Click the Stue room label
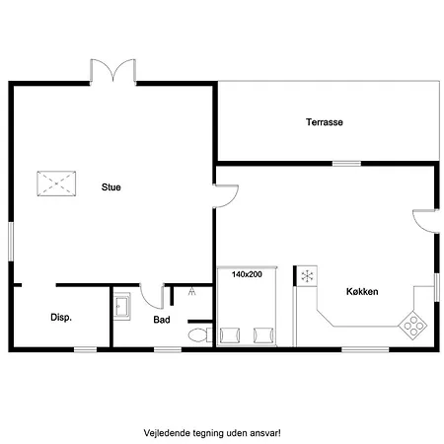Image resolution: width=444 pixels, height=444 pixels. pos(111,187)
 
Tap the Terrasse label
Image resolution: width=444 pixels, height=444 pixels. pos(325,122)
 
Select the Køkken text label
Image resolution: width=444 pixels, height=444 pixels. pos(362,291)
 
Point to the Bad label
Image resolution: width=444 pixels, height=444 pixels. pos(162,320)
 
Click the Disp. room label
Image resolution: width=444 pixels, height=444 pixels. pos(61,318)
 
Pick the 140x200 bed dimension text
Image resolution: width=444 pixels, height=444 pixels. pos(247,274)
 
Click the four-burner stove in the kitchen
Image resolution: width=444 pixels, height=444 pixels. pos(412,325)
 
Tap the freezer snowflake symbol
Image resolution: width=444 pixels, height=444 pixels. pos(307,276)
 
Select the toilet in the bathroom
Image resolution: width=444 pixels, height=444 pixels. pos(200,335)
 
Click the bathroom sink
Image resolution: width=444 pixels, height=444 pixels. pos(122,307)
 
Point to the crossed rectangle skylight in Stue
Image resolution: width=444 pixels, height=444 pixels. pos(56,184)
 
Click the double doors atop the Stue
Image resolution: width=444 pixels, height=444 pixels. pos(113,70)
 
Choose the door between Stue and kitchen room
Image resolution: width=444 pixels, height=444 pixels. pos(226,196)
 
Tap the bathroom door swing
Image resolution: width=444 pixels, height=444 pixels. pos(152,296)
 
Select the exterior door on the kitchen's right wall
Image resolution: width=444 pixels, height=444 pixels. pos(425,221)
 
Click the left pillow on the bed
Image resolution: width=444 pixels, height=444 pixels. pos(230,335)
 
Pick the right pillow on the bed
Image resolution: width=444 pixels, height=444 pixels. pos(263,335)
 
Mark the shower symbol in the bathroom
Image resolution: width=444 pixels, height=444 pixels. pos(192,291)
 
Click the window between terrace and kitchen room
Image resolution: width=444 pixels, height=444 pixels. pos(346,164)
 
